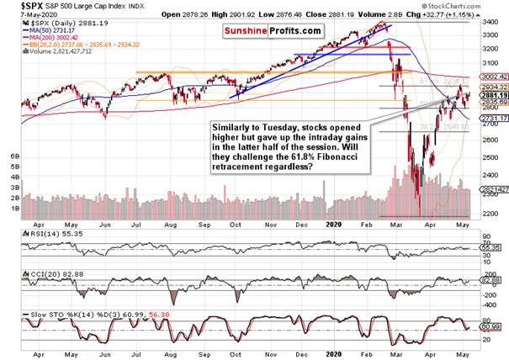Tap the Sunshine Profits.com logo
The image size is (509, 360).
pyautogui.click(x=272, y=30)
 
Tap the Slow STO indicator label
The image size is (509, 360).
pyautogui.click(x=25, y=314)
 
